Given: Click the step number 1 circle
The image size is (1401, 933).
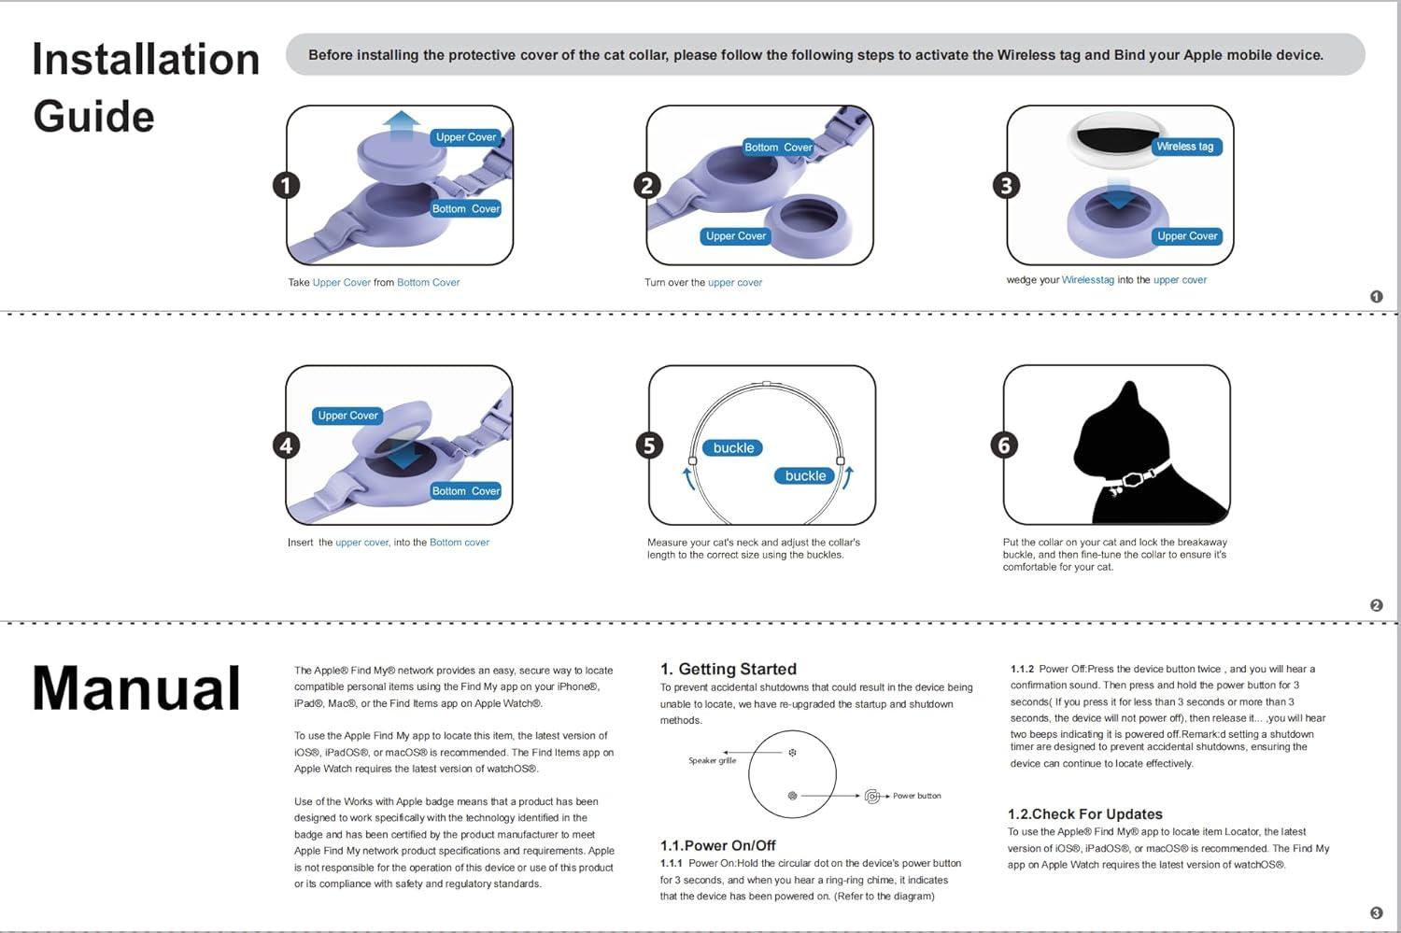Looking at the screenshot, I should click(x=287, y=185).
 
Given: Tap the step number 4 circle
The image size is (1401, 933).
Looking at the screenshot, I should click(x=287, y=445).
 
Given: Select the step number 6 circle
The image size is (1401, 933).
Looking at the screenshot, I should click(x=1004, y=445).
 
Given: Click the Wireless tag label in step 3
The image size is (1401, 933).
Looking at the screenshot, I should click(x=1184, y=147).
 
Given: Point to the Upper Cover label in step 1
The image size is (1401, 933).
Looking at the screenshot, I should click(x=466, y=137).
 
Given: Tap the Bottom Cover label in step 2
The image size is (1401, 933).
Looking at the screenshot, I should click(x=778, y=148).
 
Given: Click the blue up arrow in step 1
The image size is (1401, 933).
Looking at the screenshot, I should click(x=402, y=124).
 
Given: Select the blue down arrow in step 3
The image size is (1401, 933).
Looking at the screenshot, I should click(x=1118, y=198).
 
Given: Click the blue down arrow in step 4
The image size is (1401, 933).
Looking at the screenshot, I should click(x=402, y=456).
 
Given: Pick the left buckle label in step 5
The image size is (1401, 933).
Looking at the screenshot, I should click(x=733, y=448).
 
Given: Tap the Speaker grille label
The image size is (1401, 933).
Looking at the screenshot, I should click(x=713, y=760).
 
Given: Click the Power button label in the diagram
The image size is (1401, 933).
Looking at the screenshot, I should click(x=916, y=796).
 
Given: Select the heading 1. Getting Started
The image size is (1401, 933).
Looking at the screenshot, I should click(x=729, y=669).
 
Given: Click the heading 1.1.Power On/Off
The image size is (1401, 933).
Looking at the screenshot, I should click(x=718, y=845).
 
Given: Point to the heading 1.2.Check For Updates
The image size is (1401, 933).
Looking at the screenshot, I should click(x=1085, y=814).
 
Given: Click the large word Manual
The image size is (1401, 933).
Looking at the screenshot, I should click(x=136, y=688).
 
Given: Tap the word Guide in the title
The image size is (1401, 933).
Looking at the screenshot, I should click(x=93, y=117).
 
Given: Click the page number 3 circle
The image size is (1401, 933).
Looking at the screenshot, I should click(x=1376, y=913).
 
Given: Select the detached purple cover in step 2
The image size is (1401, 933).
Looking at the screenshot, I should click(x=809, y=225).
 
